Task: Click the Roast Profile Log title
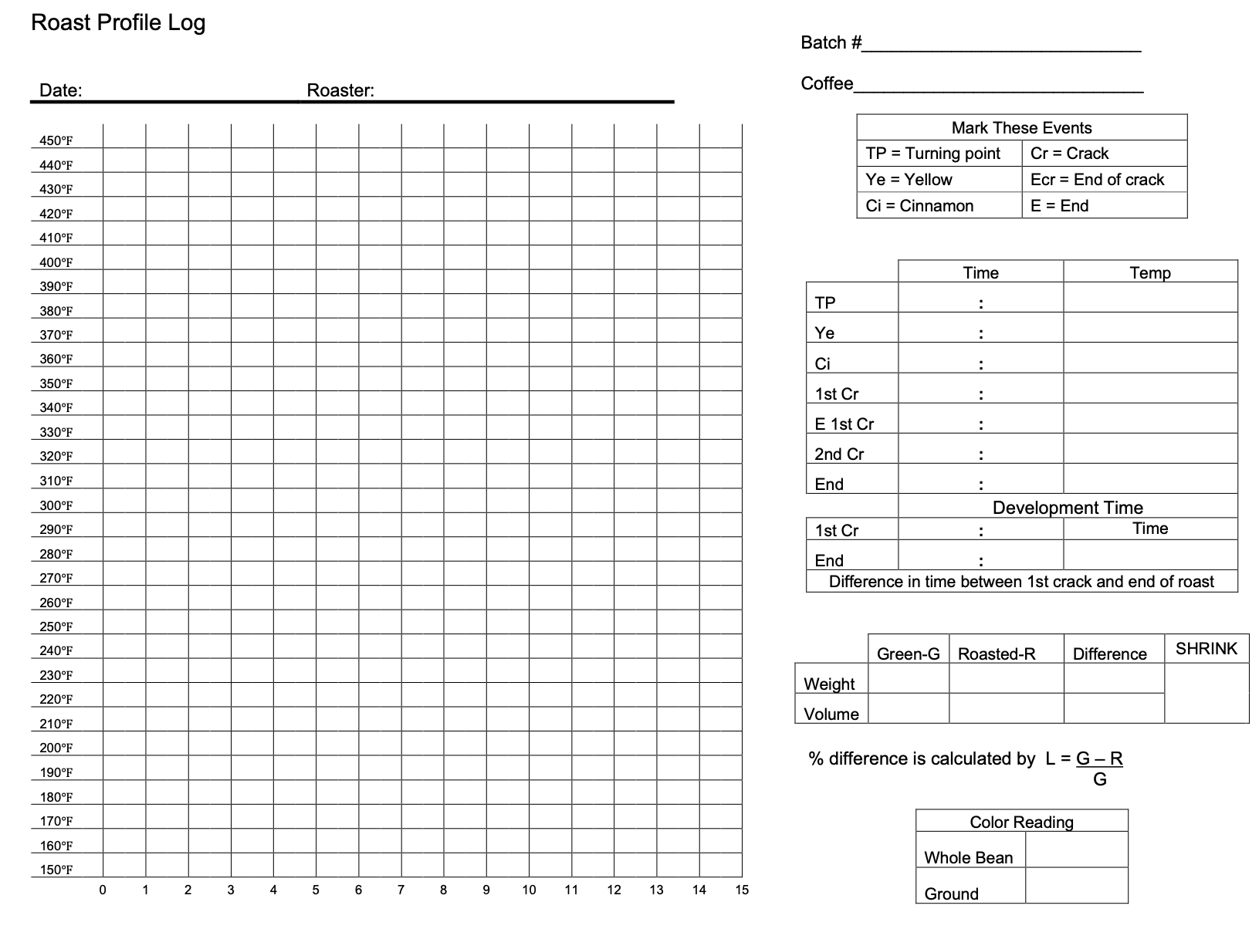click(118, 22)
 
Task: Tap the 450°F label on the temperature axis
click(56, 140)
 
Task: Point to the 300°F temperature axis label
click(56, 505)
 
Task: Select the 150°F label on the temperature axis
click(56, 870)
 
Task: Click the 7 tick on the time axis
click(401, 890)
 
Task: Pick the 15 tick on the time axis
click(741, 890)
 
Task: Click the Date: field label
click(60, 90)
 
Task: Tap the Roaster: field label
click(340, 90)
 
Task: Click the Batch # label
click(831, 42)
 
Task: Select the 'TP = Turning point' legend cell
click(932, 154)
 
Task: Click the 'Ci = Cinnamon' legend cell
click(919, 206)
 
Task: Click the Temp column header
click(1150, 272)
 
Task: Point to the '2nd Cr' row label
click(839, 454)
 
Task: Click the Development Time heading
click(1068, 507)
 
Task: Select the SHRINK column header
click(1206, 649)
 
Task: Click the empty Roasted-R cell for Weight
click(1006, 678)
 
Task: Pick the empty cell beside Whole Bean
click(1076, 849)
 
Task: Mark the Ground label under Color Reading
click(951, 894)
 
